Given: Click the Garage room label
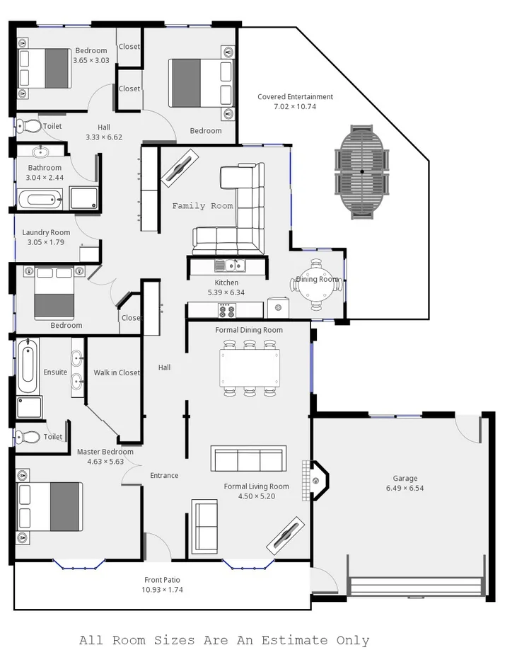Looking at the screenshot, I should coord(405,478).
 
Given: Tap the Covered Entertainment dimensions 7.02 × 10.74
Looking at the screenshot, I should coord(295,107).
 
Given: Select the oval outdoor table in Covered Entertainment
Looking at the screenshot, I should coord(362,171).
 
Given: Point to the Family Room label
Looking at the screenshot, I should coord(202,206).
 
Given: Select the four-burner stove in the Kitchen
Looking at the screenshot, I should coord(227,310).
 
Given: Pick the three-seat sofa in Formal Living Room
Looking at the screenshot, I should coord(248,459).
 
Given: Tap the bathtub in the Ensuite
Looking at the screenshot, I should coord(27,366).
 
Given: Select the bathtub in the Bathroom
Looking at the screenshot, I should coord(40,199).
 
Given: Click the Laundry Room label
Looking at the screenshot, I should coord(46,232).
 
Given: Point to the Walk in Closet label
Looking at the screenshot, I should coord(117,372).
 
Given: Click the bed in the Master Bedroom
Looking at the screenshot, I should coord(50,506).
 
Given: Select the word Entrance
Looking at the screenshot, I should coord(164,475).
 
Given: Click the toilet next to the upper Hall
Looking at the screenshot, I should coord(29,126).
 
